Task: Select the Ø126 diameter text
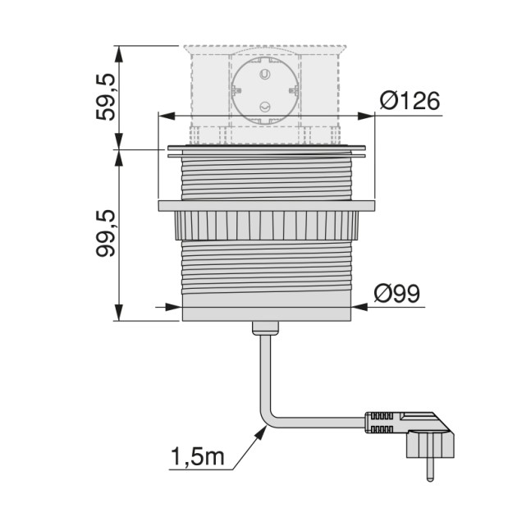click(409, 101)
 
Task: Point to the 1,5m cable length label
click(197, 457)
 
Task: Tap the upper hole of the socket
click(264, 75)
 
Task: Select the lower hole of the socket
click(264, 107)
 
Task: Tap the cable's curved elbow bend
click(268, 419)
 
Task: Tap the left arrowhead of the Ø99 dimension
click(176, 308)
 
